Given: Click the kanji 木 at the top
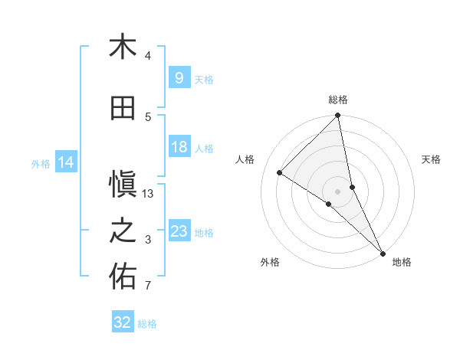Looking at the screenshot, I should coord(123,47).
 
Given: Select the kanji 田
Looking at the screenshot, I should coord(123,109).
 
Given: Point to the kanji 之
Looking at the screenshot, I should coord(123,231).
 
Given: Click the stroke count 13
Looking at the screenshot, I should coord(149,194).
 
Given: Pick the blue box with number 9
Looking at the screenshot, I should coord(179,78).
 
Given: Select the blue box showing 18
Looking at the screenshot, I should coord(179,147).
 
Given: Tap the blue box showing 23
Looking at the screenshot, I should coord(179,231).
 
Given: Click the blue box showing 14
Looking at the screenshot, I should coord(66,162).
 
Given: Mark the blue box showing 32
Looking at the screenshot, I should coord(123,323).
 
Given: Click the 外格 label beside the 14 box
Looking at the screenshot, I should coord(41,163).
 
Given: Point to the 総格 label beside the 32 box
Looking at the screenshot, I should coord(148,324).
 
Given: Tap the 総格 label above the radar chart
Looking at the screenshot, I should coord(338,100).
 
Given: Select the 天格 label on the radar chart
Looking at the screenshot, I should coord(432,159).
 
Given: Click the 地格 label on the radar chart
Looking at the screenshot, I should coord(402,262).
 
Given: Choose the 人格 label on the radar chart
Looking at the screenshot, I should coord(245,159).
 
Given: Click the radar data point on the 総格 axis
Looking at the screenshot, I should coord(338,116).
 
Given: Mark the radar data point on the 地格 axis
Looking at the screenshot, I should coord(383,252).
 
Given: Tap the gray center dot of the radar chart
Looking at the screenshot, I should coord(338,191).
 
